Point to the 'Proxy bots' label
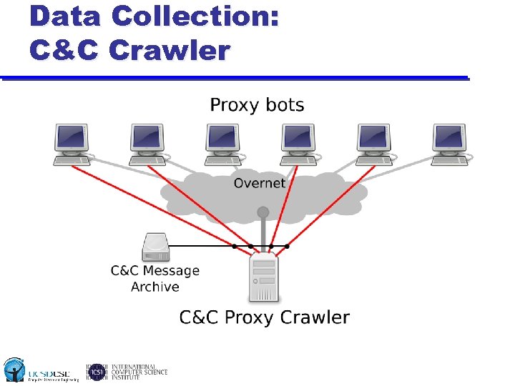[257, 106]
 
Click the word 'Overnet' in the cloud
[259, 183]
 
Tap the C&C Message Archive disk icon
[156, 247]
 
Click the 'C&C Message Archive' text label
[155, 279]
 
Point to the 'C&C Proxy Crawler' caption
[264, 317]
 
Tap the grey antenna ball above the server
[263, 212]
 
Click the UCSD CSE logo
[36, 370]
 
